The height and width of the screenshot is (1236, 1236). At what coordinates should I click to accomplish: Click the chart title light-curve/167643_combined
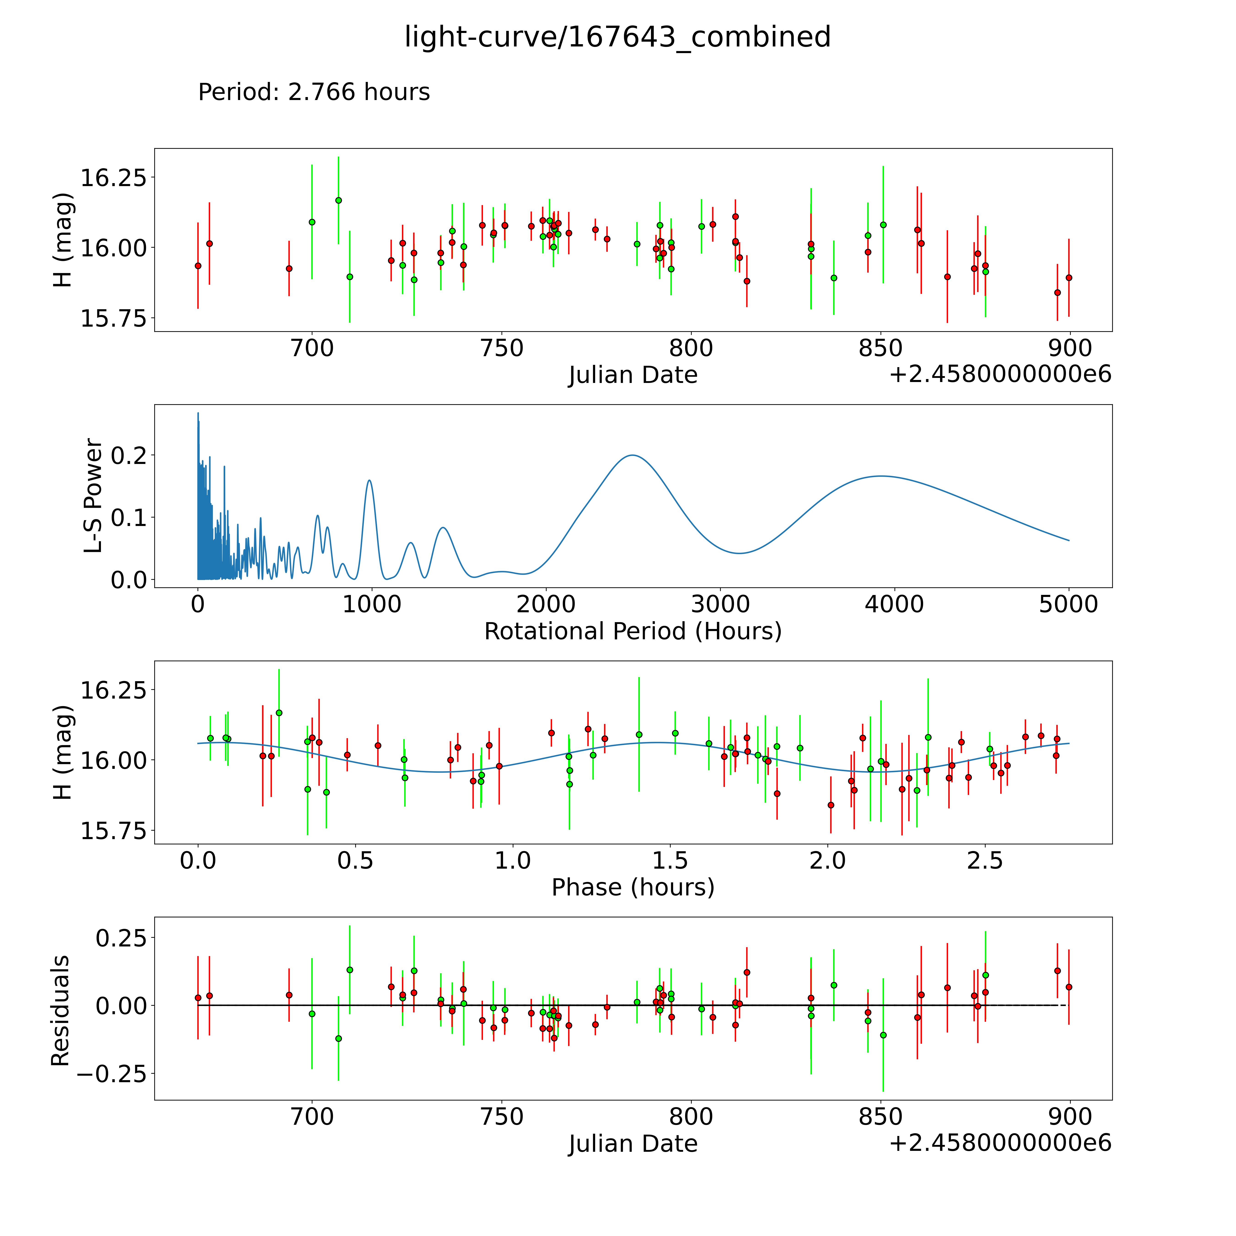617,37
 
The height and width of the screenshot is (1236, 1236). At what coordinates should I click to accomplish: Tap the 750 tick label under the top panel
501,349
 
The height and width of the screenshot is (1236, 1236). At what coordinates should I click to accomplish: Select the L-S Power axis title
93,496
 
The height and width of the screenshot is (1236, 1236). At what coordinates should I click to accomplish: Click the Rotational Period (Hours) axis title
633,632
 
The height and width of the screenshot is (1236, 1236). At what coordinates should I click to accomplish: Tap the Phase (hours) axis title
633,887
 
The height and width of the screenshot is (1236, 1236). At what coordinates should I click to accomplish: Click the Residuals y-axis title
60,1011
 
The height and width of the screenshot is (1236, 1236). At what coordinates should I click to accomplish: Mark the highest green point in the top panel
339,200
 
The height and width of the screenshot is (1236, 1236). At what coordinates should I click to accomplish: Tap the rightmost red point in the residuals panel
1068,987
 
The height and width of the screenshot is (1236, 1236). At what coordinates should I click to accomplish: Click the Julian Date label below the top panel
633,375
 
